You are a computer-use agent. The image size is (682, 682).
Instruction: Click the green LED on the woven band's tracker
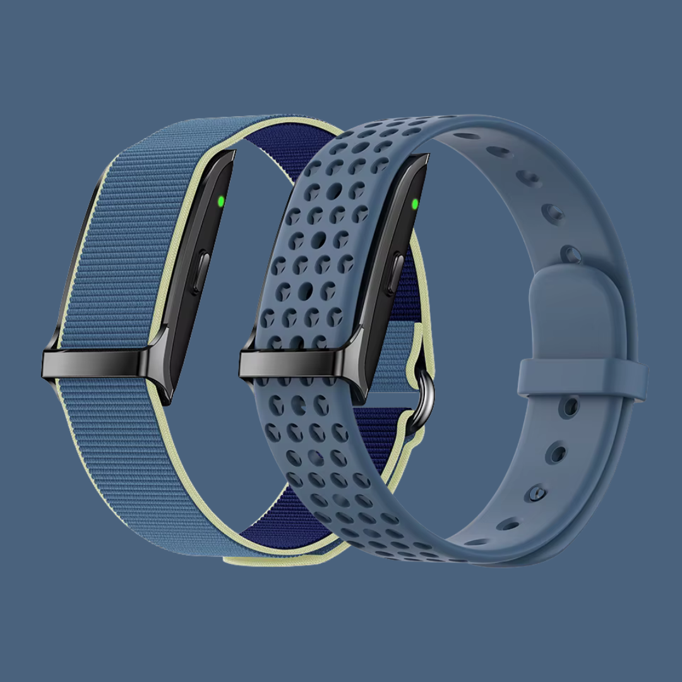coord(220,202)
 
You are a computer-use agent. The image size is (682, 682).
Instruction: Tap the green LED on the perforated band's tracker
coord(414,204)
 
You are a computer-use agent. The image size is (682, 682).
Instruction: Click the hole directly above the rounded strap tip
coord(570,254)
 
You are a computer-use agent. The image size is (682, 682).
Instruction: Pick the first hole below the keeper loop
coord(570,406)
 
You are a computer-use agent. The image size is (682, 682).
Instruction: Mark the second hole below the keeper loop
coord(556,453)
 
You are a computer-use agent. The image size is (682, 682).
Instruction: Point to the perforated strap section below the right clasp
coord(328,467)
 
